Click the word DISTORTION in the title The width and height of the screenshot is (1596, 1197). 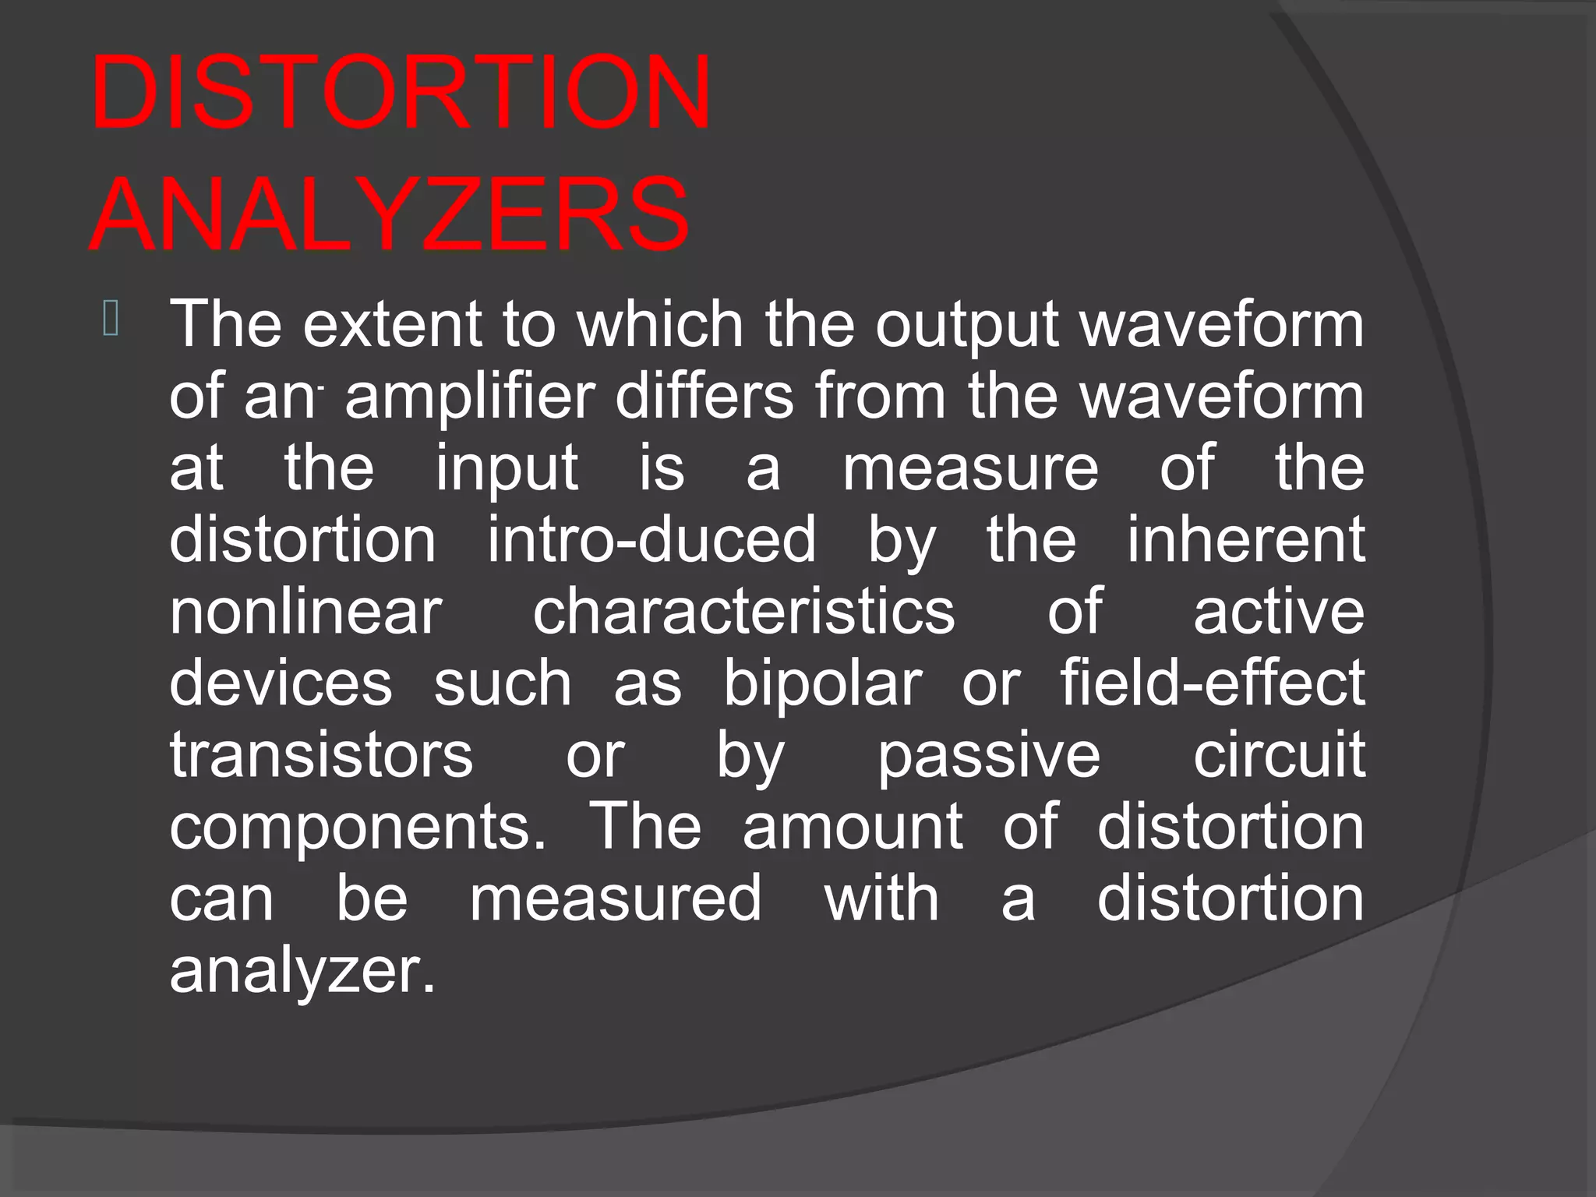pyautogui.click(x=401, y=92)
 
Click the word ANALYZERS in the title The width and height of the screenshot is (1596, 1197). pyautogui.click(x=390, y=214)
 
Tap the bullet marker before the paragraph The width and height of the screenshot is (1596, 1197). pyautogui.click(x=110, y=319)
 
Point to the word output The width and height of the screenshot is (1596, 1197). pyautogui.click(x=966, y=326)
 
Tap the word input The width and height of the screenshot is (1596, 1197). pyautogui.click(x=507, y=469)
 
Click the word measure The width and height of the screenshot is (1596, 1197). pyautogui.click(x=970, y=469)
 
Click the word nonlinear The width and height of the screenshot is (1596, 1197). pyautogui.click(x=305, y=612)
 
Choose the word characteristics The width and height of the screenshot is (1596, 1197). pyautogui.click(x=743, y=612)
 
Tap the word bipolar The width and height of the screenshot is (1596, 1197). pyautogui.click(x=822, y=684)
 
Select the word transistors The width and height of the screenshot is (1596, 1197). pyautogui.click(x=321, y=755)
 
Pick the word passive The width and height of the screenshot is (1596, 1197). pyautogui.click(x=989, y=757)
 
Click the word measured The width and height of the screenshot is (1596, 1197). pyautogui.click(x=615, y=899)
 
